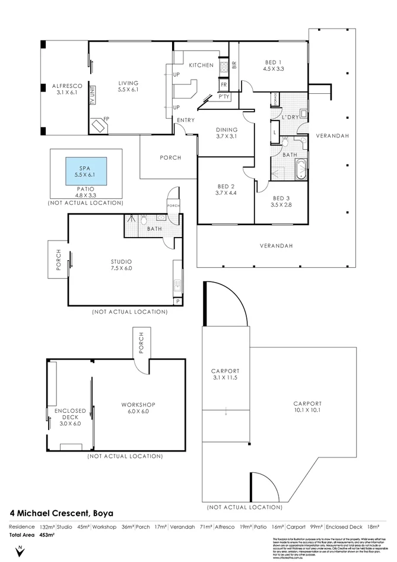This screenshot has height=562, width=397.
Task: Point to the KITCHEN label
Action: [201, 65]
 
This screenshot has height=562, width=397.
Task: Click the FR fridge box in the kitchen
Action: [224, 84]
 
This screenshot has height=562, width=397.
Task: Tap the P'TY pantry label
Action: [224, 96]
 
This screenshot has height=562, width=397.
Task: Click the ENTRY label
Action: [186, 121]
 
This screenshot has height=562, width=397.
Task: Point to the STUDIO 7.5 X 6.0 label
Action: [121, 264]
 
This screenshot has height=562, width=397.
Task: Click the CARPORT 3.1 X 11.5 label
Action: [224, 374]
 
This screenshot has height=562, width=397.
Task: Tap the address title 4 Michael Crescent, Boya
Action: [62, 512]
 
